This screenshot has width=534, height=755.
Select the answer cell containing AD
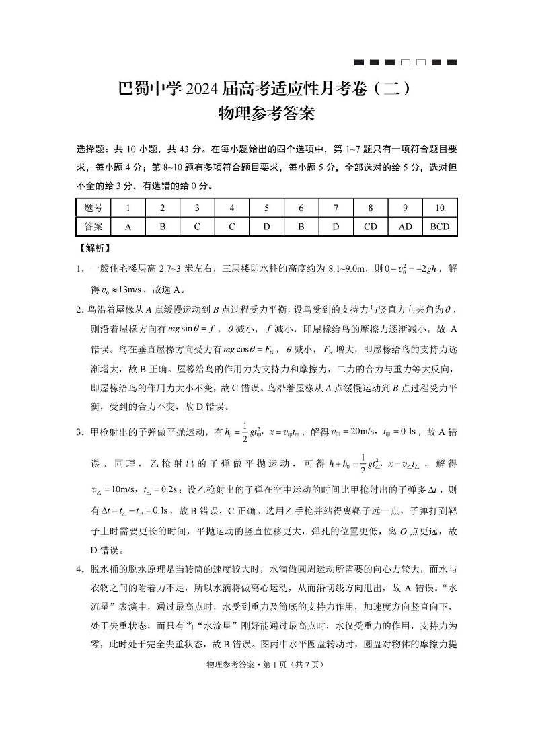click(x=405, y=227)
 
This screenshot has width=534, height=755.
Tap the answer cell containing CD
click(x=371, y=227)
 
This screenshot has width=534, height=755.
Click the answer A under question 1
click(x=128, y=227)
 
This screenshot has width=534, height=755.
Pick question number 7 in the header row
click(x=336, y=208)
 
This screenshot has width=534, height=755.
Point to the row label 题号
click(x=93, y=208)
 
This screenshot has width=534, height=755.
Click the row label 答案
click(x=93, y=227)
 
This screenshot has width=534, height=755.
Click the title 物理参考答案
click(x=267, y=114)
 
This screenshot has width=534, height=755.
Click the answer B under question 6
click(x=301, y=227)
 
